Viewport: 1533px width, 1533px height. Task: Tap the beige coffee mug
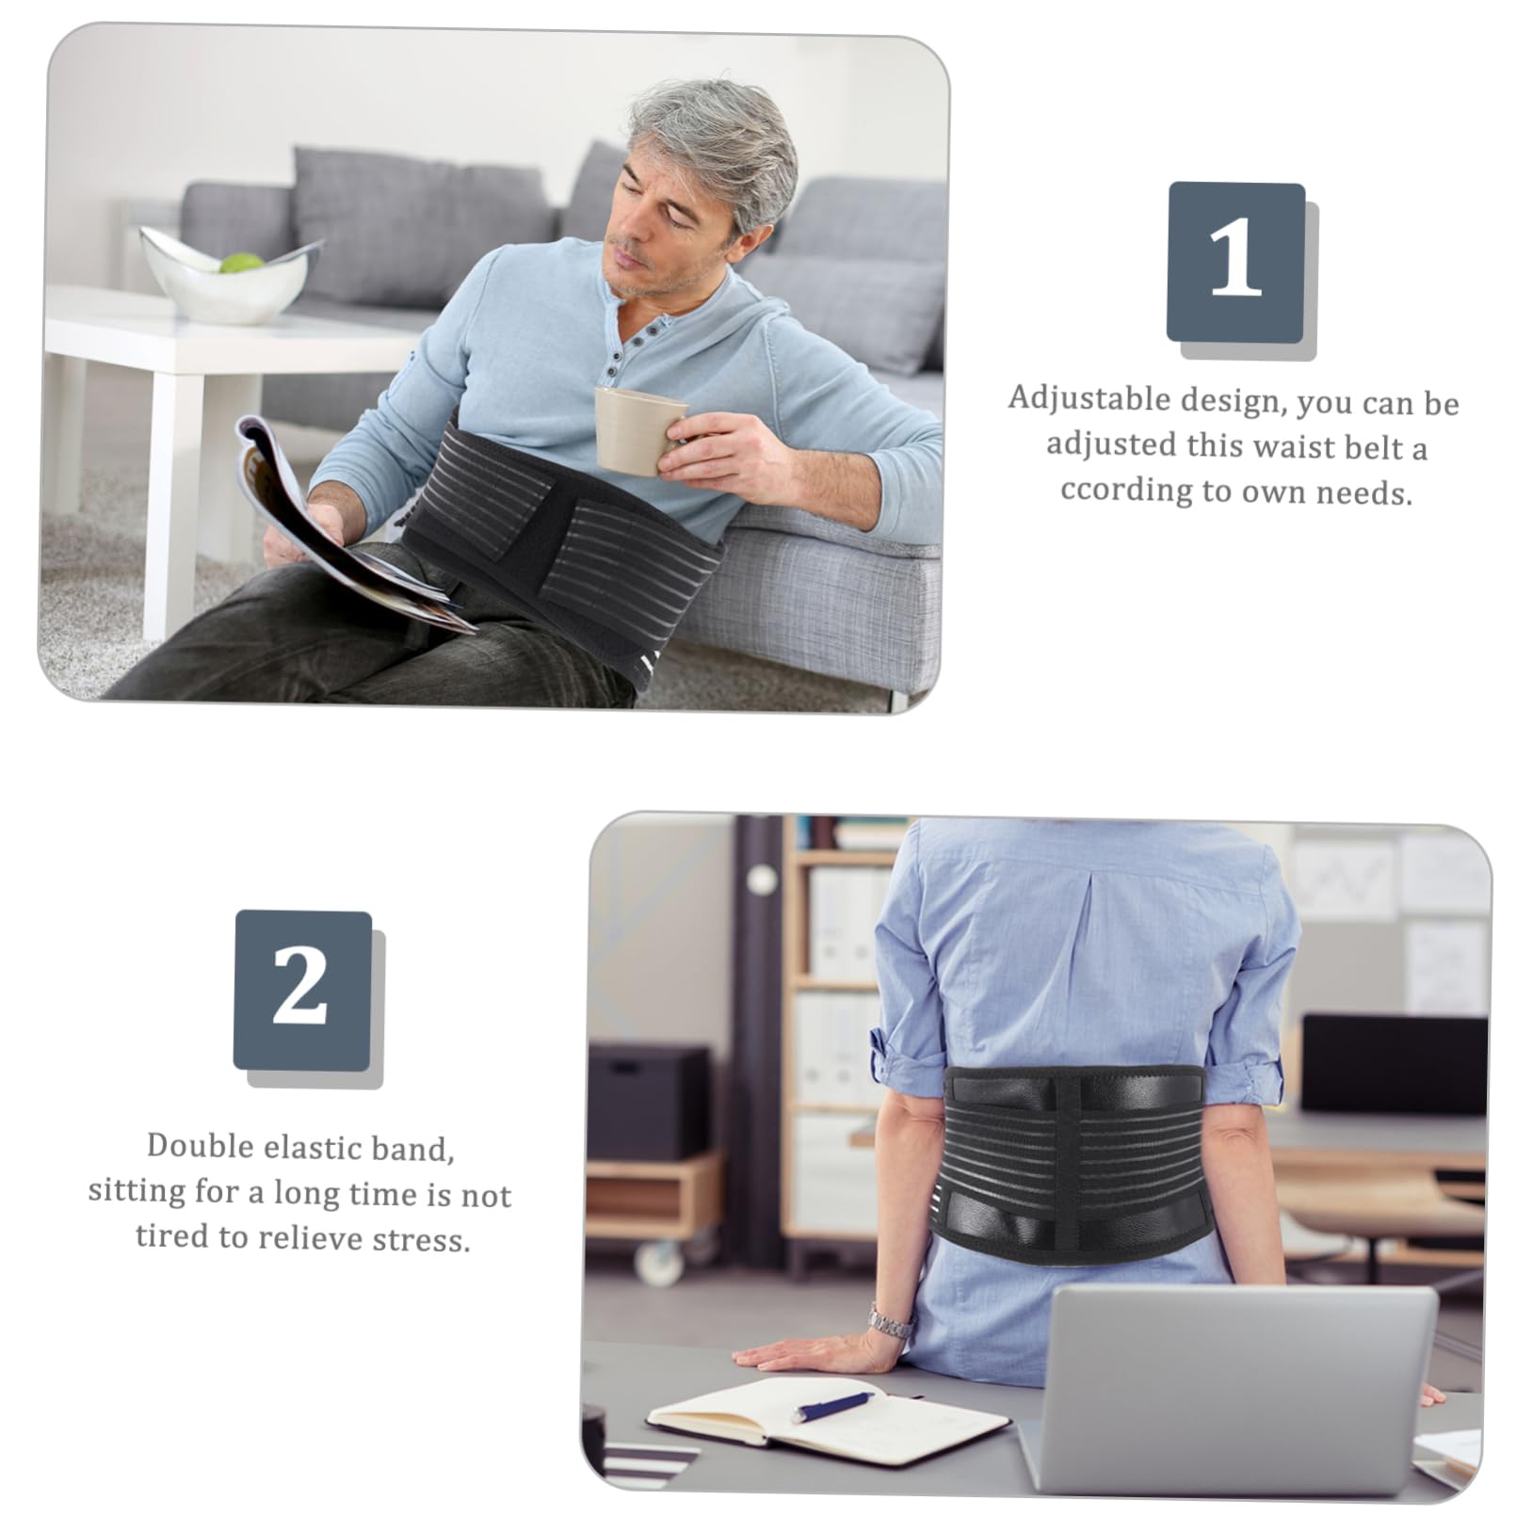coord(637,428)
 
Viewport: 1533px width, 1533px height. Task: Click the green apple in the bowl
coord(241,263)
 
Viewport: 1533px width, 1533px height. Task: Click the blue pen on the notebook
coord(833,1406)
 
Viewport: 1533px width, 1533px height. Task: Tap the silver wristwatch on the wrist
coord(890,1323)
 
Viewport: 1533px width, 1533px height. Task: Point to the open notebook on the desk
coord(829,1422)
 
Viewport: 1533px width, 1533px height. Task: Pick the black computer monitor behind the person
coord(1394,1064)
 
